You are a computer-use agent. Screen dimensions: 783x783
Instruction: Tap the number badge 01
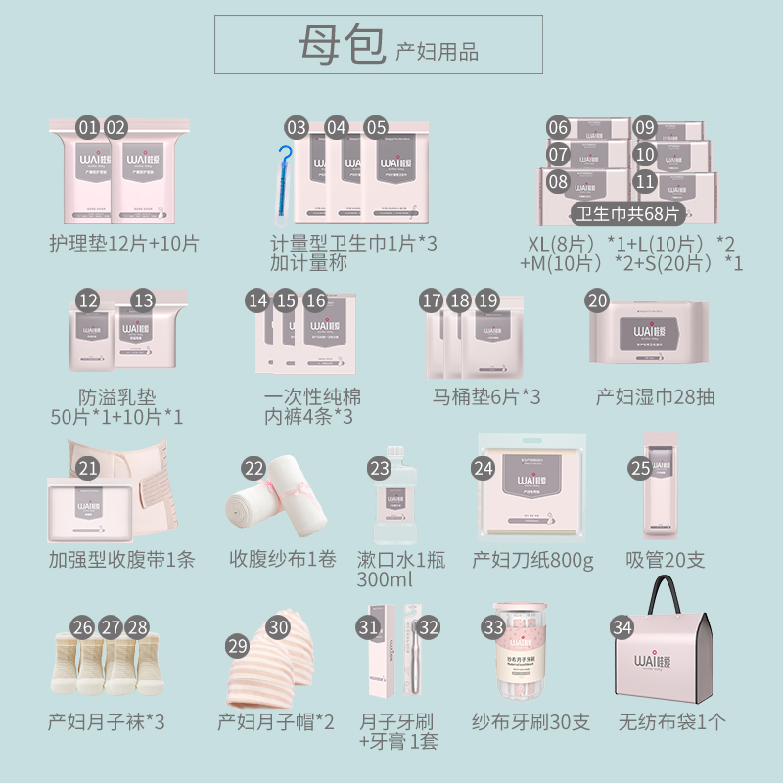[x=88, y=127]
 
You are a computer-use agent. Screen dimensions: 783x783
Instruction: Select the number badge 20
[x=597, y=301]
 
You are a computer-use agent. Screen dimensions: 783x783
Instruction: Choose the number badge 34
[x=622, y=626]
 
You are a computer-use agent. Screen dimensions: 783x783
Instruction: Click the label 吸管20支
[x=666, y=560]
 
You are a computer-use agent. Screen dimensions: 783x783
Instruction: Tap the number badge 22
[x=254, y=469]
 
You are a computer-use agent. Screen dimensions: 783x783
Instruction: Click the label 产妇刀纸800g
[x=533, y=560]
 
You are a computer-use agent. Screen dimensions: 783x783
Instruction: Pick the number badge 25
[x=640, y=469]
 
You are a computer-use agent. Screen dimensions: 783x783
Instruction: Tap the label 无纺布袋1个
[x=672, y=723]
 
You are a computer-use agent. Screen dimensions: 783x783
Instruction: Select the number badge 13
[x=144, y=301]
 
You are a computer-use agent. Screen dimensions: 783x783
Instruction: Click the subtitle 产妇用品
[x=437, y=52]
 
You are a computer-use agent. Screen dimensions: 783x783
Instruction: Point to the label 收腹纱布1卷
[x=283, y=560]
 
